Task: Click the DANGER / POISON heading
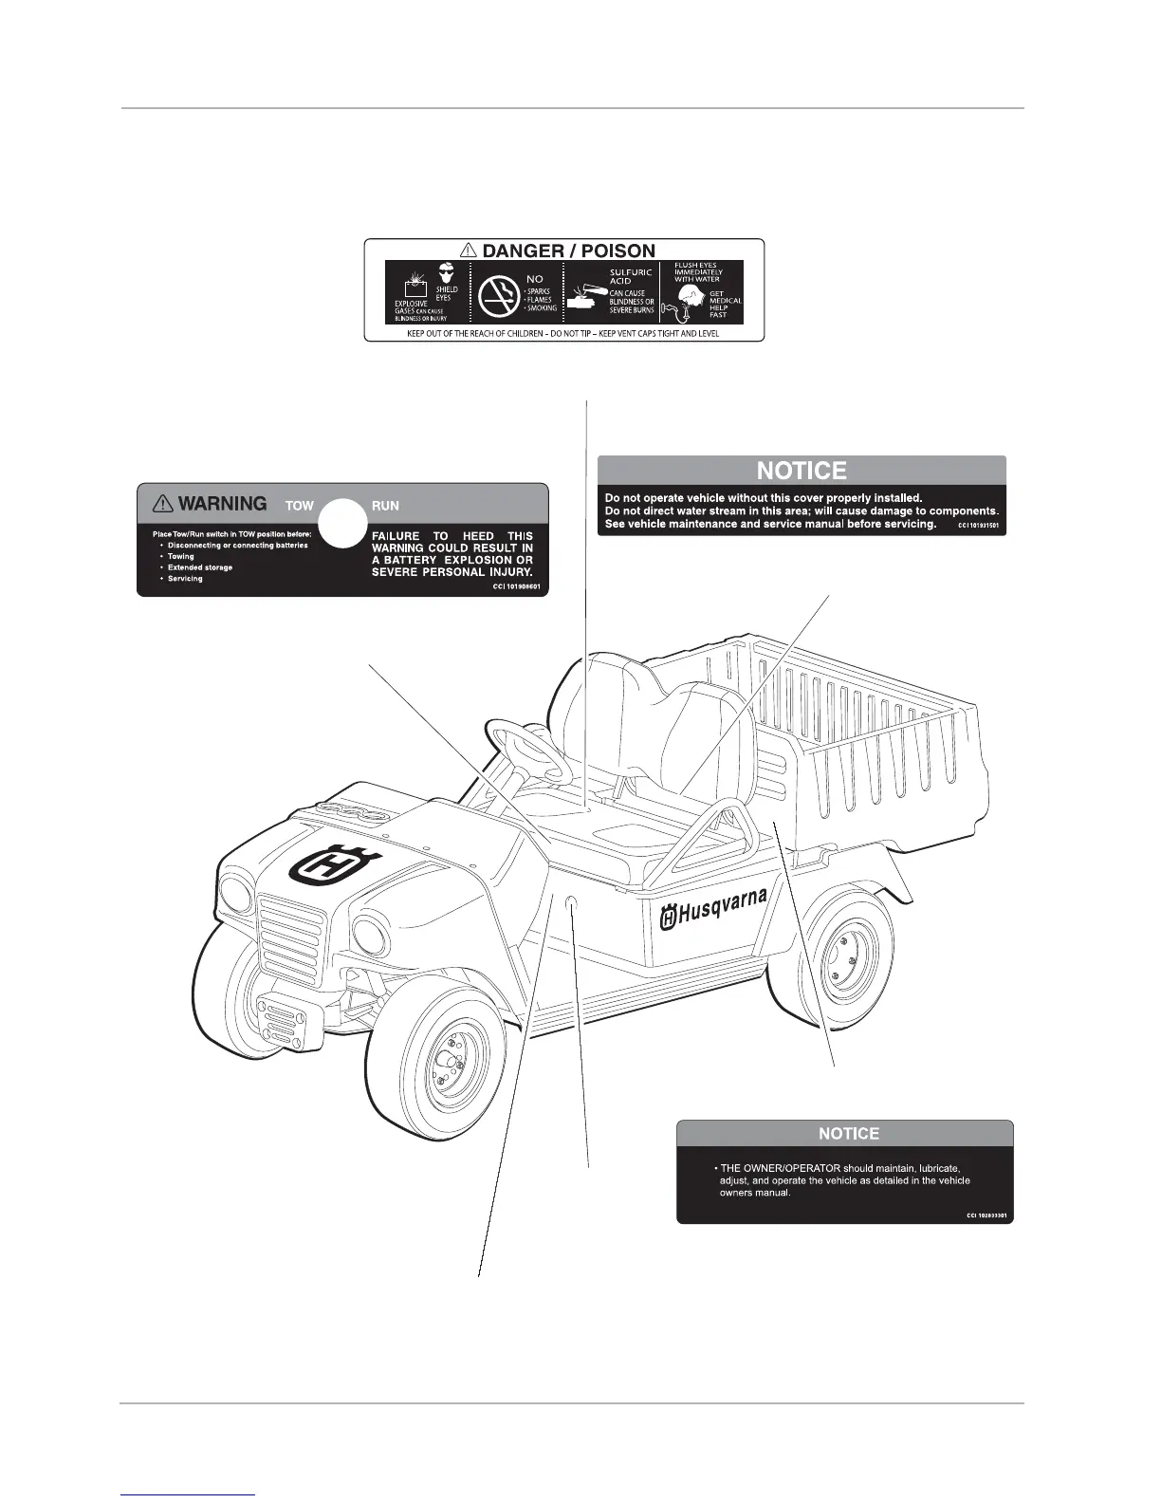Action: [x=566, y=250]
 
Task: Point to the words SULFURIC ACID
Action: [x=631, y=275]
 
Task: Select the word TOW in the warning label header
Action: [x=299, y=506]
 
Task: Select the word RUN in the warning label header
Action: [x=385, y=506]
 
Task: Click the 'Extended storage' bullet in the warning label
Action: [x=199, y=567]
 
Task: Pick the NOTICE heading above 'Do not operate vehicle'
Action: [x=802, y=471]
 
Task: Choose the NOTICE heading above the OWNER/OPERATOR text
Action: [x=849, y=1133]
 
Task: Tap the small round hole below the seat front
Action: [x=572, y=908]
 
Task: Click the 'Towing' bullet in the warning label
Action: [x=180, y=556]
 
